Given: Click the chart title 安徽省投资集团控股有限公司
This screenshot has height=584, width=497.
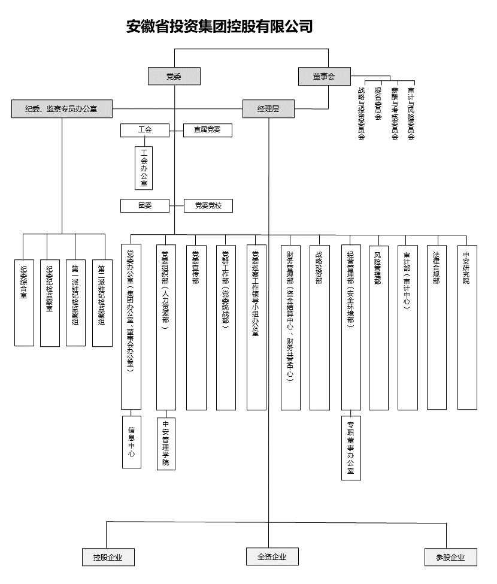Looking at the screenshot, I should [220, 26].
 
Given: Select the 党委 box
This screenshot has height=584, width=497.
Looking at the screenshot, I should [174, 76].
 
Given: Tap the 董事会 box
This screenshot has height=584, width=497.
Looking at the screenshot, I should [323, 76].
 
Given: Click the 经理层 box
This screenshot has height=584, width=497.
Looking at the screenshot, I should [268, 108].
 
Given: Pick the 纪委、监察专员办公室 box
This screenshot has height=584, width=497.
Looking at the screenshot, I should [62, 108].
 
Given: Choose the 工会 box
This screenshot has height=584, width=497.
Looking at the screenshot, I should [145, 129].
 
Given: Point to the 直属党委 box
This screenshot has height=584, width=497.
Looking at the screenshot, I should [207, 129].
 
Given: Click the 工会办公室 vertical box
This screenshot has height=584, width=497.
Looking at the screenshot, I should [144, 168].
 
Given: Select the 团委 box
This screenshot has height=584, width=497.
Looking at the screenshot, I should [145, 205].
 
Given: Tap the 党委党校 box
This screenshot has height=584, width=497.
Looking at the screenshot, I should [207, 205].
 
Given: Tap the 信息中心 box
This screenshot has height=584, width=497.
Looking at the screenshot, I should [132, 441].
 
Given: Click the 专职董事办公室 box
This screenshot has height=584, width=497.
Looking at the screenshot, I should [351, 448].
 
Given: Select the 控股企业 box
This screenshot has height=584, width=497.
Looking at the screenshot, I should [108, 557].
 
